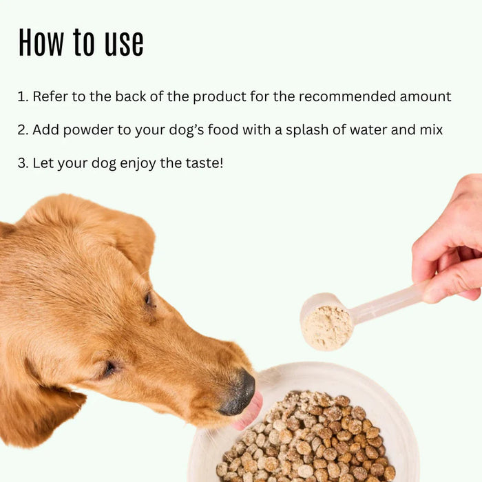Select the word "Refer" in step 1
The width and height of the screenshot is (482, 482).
pyautogui.click(x=50, y=96)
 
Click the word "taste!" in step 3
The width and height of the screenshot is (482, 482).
pyautogui.click(x=203, y=164)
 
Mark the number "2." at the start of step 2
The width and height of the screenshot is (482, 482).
pyautogui.click(x=23, y=130)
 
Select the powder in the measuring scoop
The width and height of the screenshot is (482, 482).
pyautogui.click(x=327, y=327)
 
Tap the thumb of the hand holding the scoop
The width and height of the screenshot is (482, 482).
pyautogui.click(x=454, y=282)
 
